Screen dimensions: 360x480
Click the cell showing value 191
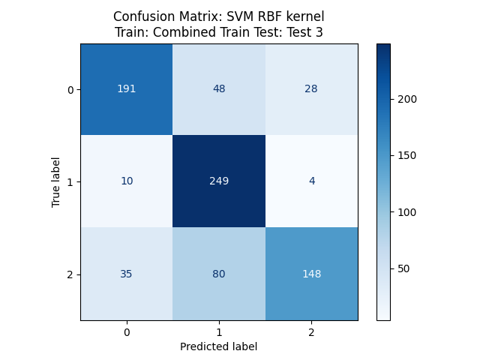126,89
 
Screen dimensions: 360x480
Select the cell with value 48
218,89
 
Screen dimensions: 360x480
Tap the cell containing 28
311,89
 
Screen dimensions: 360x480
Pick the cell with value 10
126,181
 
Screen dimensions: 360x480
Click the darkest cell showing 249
218,181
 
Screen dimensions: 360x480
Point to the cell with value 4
311,181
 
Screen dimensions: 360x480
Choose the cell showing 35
126,274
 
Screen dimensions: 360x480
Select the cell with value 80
218,274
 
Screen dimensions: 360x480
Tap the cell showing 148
311,274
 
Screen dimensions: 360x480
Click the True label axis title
57,182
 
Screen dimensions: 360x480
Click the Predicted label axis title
218,346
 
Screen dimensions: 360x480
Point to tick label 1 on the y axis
70,182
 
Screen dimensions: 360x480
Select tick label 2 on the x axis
311,331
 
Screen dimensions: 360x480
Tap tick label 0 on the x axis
126,331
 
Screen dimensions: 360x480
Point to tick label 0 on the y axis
70,90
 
